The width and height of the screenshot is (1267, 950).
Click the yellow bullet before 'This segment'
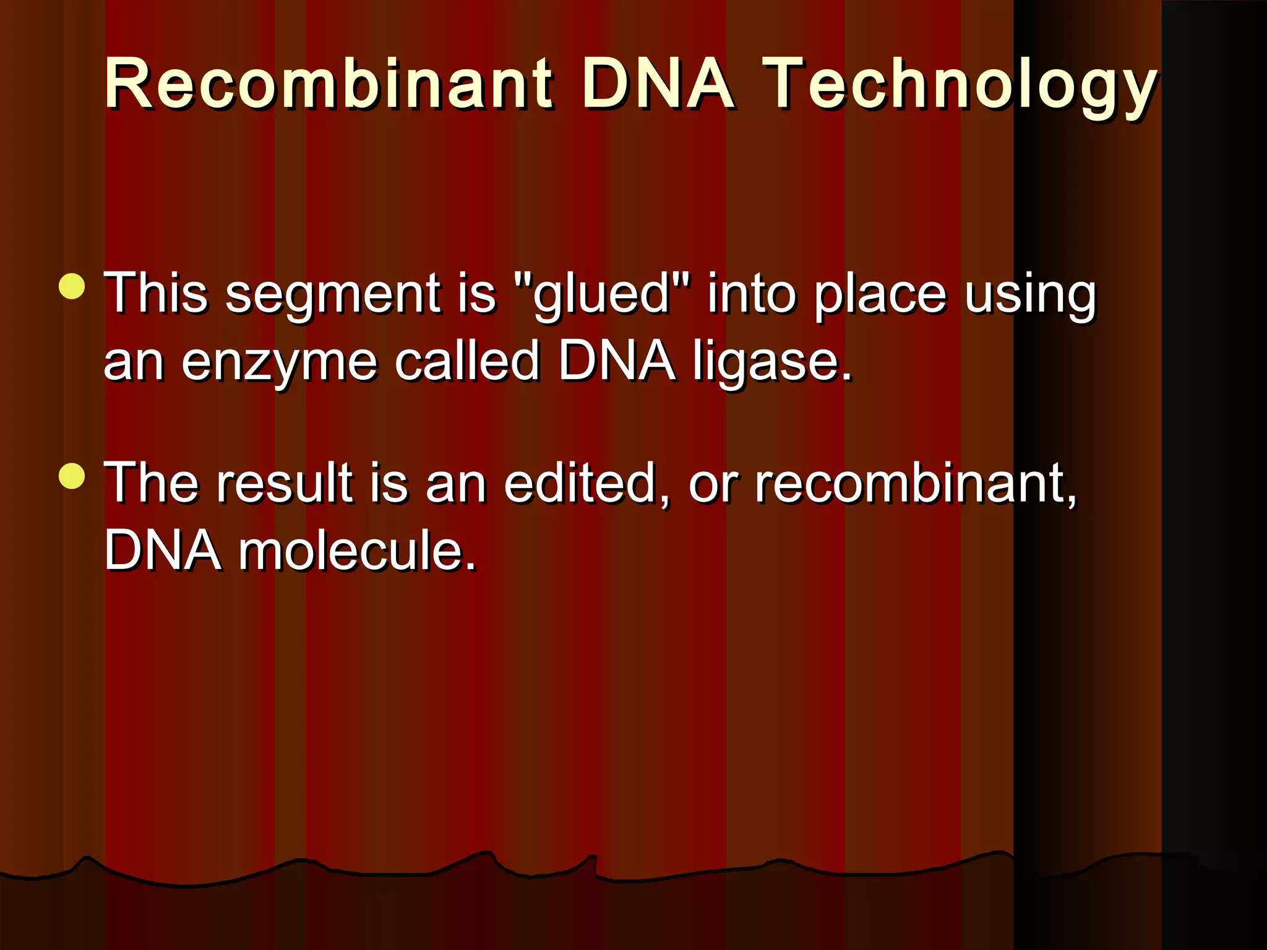[x=72, y=286]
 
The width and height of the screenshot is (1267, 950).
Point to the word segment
[x=333, y=294]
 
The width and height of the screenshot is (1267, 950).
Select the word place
[x=880, y=294]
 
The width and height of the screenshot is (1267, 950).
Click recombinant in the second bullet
[x=914, y=483]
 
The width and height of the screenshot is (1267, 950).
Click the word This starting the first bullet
[x=155, y=294]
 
